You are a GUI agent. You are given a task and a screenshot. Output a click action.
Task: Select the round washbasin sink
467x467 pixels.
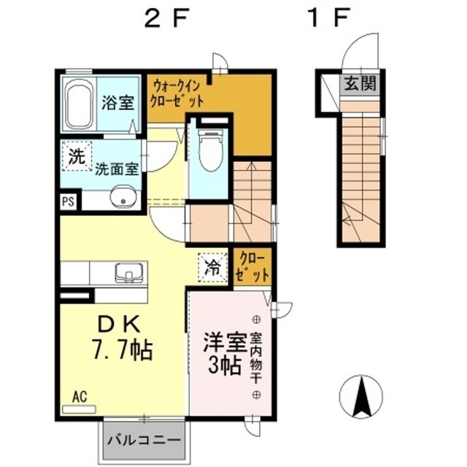(x=123, y=197)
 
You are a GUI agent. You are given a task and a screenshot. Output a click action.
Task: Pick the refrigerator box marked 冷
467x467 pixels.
(x=212, y=266)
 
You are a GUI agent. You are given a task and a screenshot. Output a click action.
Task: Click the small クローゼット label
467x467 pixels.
(x=252, y=267)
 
